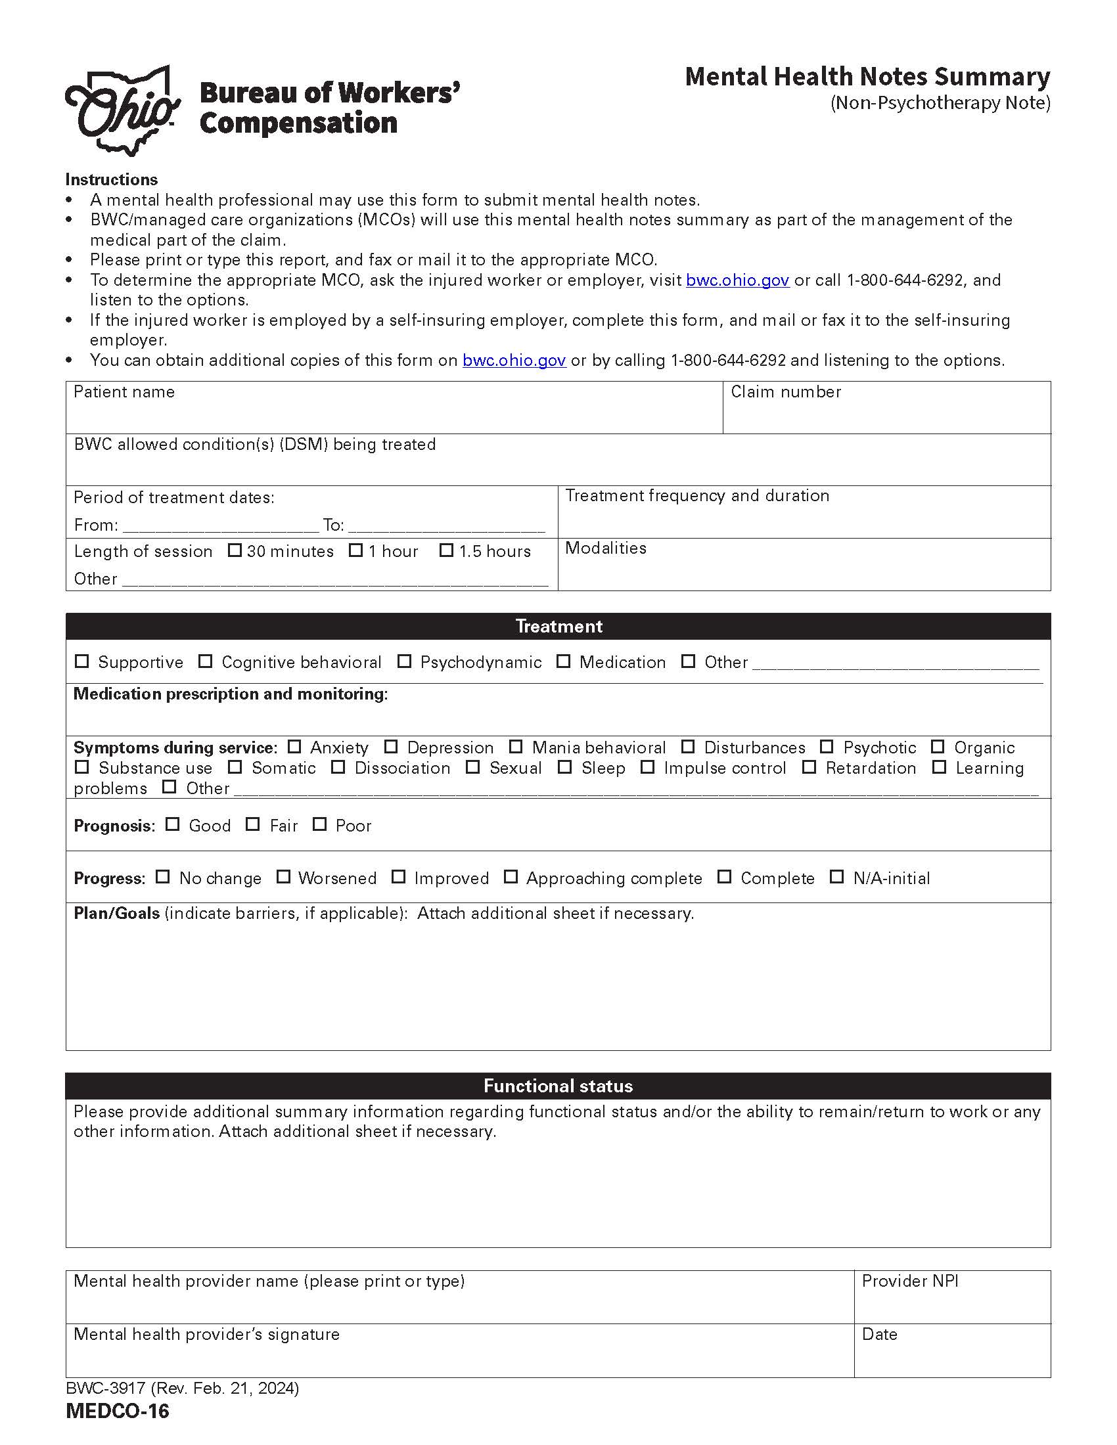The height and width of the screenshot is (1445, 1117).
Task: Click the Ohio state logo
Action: pyautogui.click(x=123, y=111)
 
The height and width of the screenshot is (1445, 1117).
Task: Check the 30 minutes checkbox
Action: pyautogui.click(x=235, y=550)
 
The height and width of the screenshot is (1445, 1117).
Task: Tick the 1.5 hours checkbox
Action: pyautogui.click(x=446, y=550)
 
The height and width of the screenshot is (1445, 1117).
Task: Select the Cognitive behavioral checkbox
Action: pyautogui.click(x=206, y=661)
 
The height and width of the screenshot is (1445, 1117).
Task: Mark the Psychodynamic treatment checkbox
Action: pyautogui.click(x=404, y=661)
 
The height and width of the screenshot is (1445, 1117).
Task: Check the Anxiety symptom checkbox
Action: pyautogui.click(x=294, y=746)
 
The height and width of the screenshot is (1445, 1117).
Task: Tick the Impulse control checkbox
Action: pyautogui.click(x=648, y=767)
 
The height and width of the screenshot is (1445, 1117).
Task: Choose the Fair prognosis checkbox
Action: pyautogui.click(x=253, y=824)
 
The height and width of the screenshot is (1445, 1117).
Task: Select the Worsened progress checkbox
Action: pyautogui.click(x=283, y=877)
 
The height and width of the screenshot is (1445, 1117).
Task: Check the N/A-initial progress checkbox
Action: pyautogui.click(x=837, y=877)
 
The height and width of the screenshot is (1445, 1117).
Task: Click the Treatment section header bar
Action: pyautogui.click(x=558, y=626)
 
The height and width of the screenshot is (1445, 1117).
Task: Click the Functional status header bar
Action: pyautogui.click(x=558, y=1086)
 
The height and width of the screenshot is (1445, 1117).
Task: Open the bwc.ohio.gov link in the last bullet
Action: pyautogui.click(x=514, y=361)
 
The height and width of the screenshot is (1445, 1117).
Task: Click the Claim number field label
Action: pyautogui.click(x=785, y=391)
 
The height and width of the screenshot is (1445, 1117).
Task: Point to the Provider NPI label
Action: pyautogui.click(x=909, y=1281)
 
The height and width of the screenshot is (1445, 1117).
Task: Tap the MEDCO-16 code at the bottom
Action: pyautogui.click(x=118, y=1412)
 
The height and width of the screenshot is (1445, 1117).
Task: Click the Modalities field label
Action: pyautogui.click(x=606, y=548)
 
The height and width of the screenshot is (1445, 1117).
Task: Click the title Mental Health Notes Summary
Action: pyautogui.click(x=867, y=77)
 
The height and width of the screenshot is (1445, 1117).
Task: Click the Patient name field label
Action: pyautogui.click(x=124, y=391)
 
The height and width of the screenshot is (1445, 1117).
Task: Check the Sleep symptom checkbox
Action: pyautogui.click(x=564, y=767)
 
